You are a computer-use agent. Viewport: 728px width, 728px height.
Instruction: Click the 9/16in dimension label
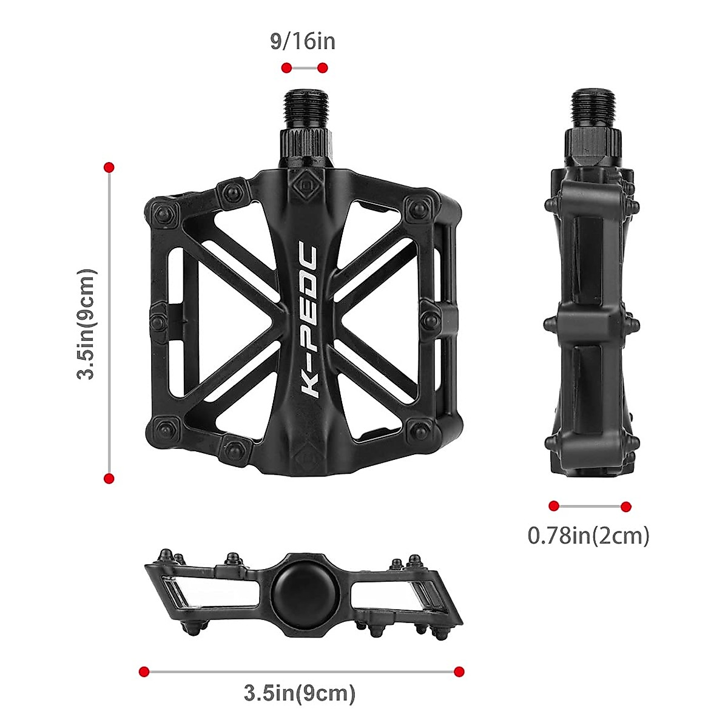[x=302, y=42]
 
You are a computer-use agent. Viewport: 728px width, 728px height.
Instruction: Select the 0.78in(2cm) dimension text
[x=588, y=535]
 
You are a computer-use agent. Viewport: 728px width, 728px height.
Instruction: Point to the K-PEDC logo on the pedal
[x=310, y=321]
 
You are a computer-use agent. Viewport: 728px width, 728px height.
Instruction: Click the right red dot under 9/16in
[x=323, y=68]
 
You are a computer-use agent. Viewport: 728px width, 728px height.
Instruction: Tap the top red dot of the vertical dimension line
[x=109, y=167]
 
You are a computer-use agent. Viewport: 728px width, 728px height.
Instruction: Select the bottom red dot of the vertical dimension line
[x=109, y=479]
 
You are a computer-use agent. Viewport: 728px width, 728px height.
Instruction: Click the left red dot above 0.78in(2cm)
[x=553, y=506]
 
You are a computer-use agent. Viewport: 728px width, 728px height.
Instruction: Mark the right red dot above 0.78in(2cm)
[x=626, y=506]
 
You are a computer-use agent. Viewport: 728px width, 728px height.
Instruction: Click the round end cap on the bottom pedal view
[x=299, y=586]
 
